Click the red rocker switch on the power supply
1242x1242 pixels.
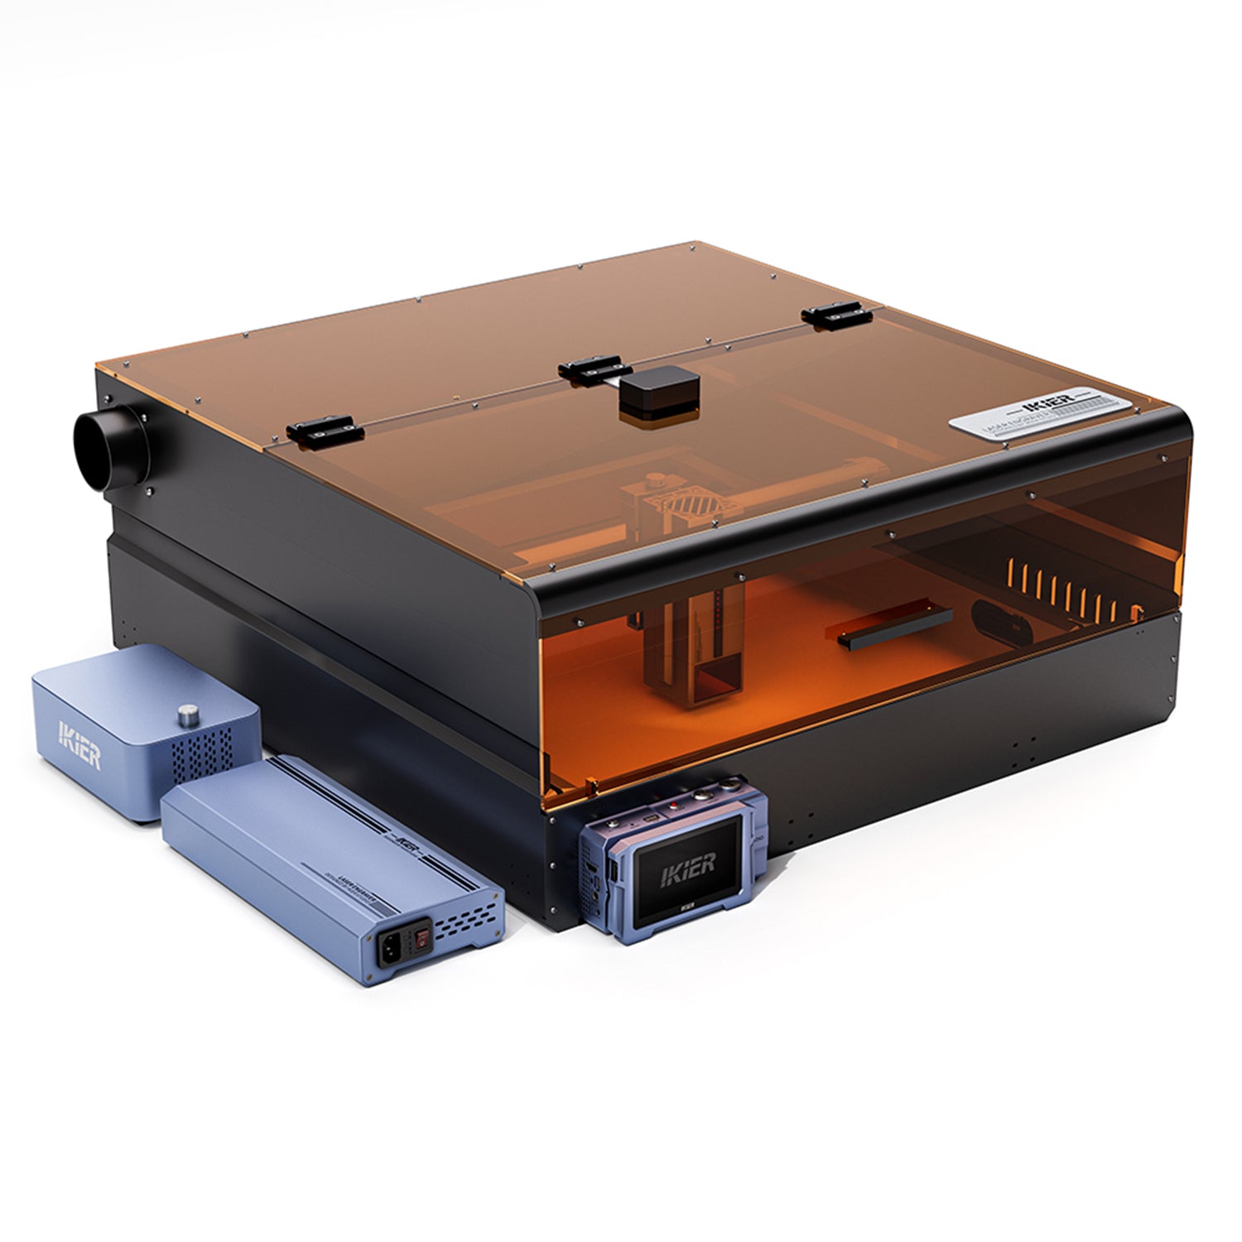coord(423,938)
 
